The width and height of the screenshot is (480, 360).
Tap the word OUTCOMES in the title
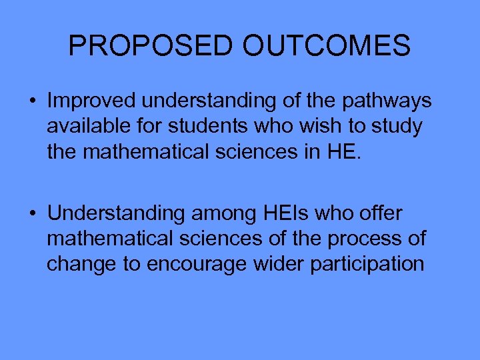coord(327,46)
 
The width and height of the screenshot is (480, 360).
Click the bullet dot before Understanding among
coord(32,214)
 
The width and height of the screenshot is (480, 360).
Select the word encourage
coord(197,264)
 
